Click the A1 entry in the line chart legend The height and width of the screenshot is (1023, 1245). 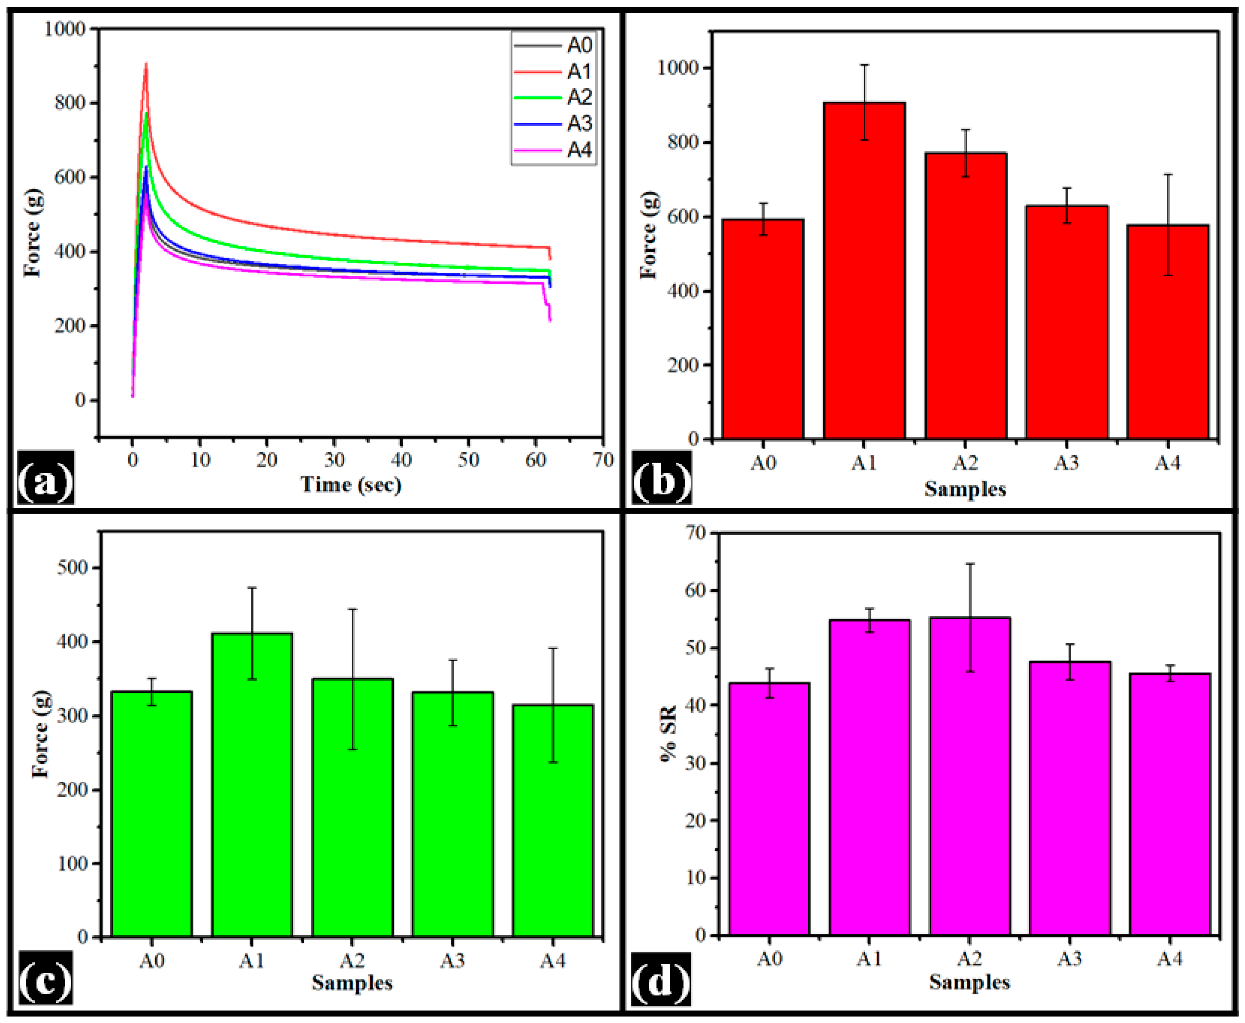pyautogui.click(x=553, y=71)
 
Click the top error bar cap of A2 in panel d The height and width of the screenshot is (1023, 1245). pyautogui.click(x=969, y=564)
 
